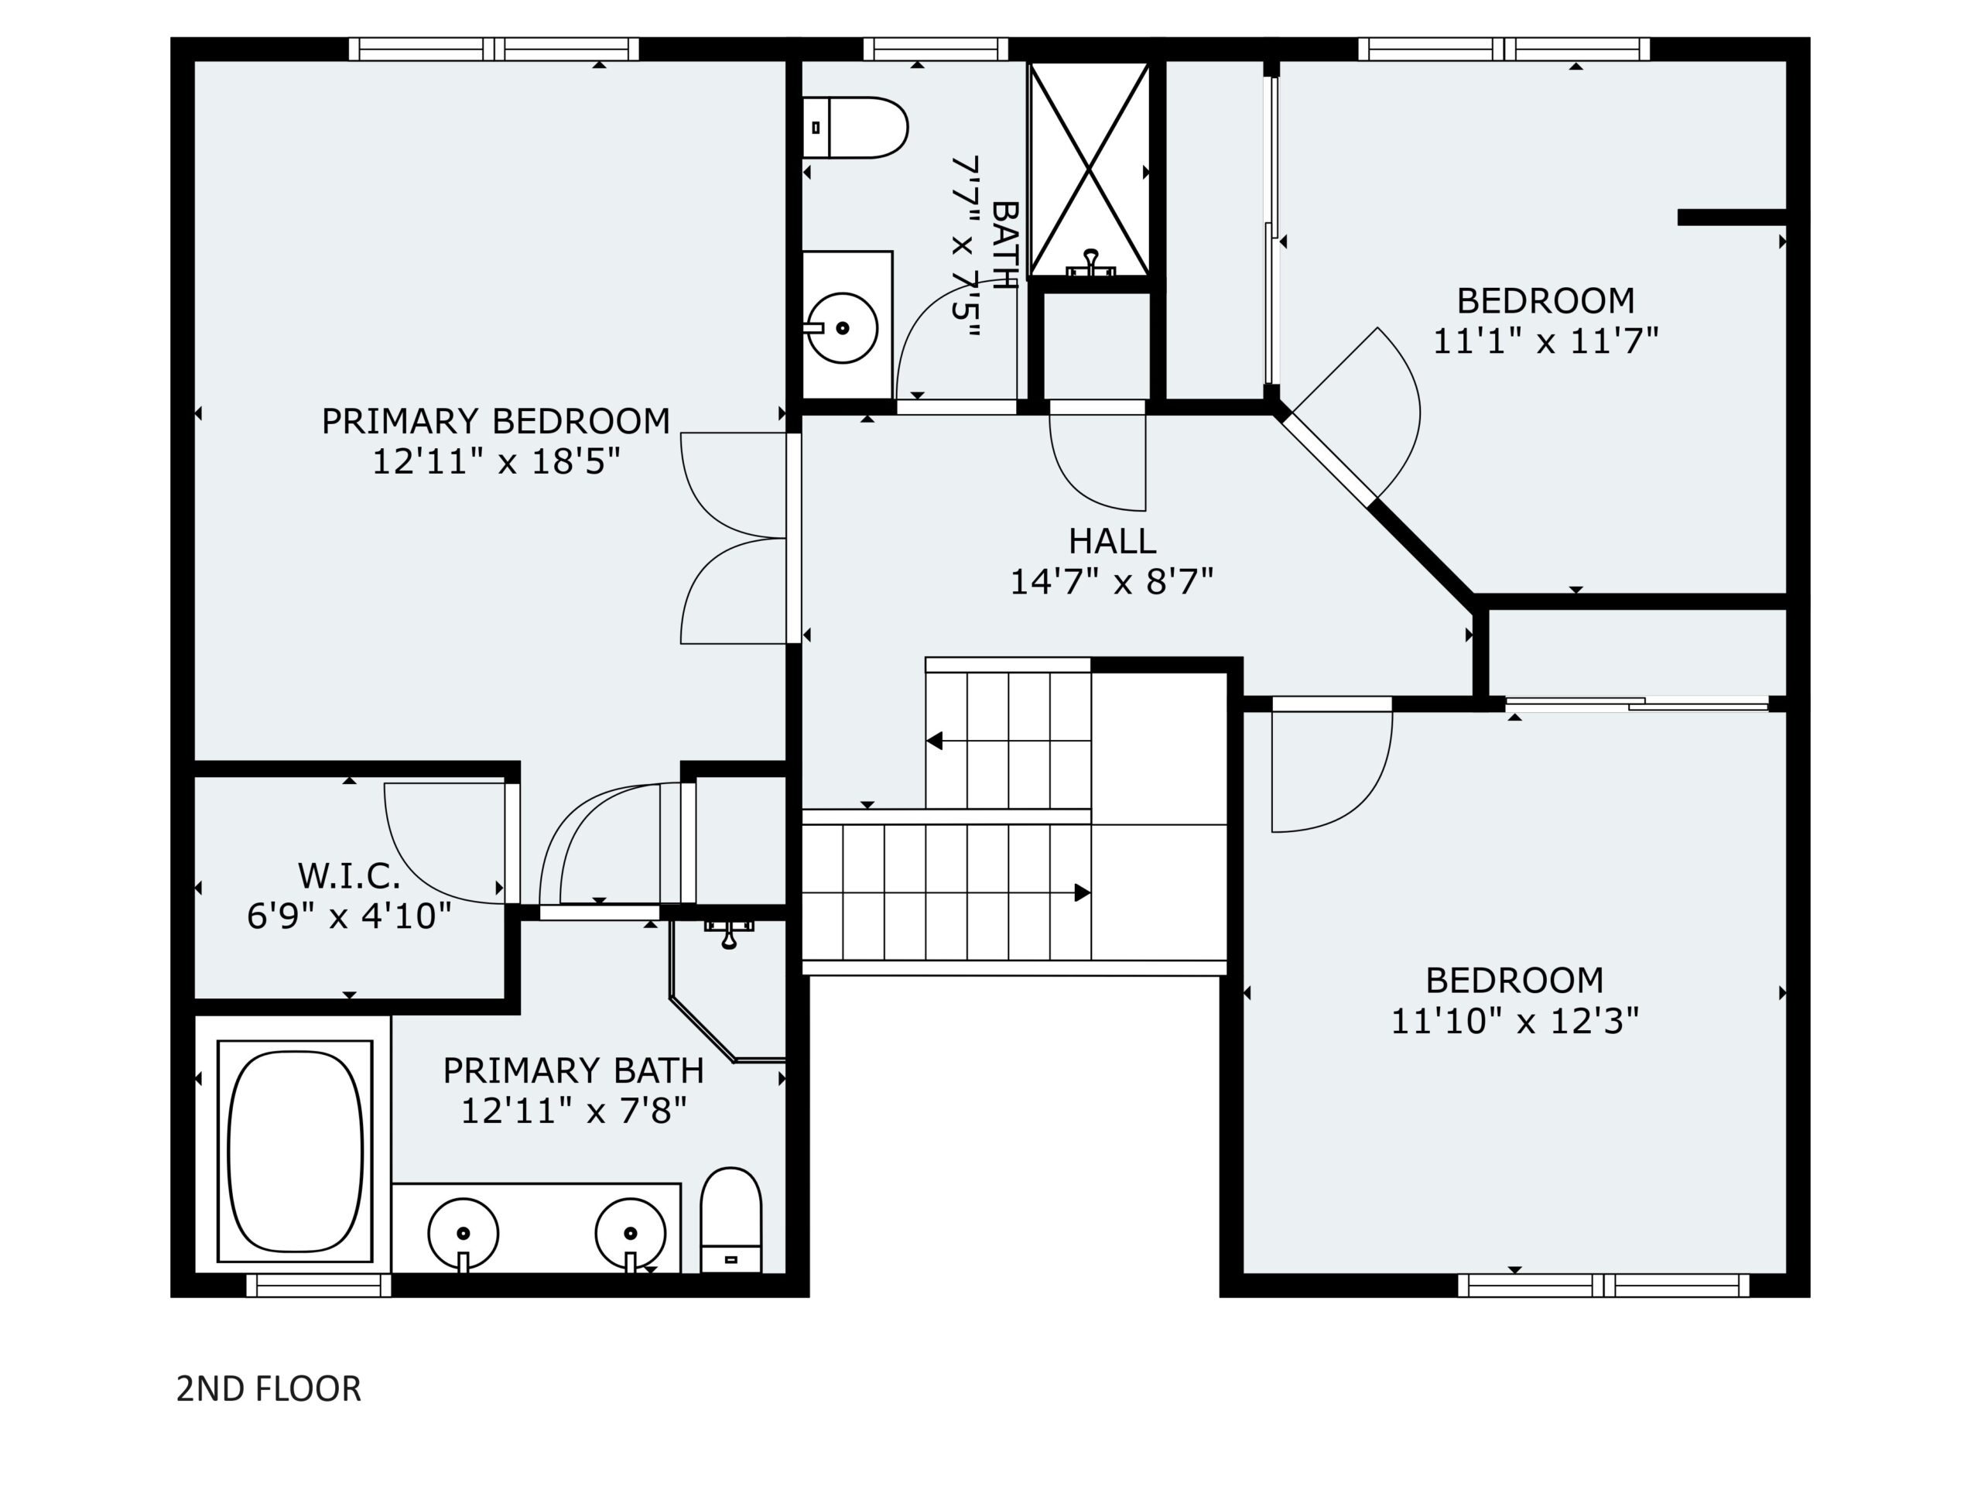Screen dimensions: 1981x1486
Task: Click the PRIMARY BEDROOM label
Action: (495, 421)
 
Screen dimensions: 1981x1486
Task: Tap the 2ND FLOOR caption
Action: (269, 1388)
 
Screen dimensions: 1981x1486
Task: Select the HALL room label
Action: (1112, 541)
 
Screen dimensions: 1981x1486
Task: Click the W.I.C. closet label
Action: (349, 875)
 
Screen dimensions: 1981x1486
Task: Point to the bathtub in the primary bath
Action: (296, 1151)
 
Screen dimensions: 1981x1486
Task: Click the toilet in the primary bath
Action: (730, 1220)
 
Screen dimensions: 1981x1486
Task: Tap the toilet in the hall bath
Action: (855, 127)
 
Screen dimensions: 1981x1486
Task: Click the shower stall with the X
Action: (1090, 169)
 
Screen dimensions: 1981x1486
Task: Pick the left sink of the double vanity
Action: (463, 1234)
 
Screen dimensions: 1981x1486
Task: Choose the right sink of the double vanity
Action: (631, 1234)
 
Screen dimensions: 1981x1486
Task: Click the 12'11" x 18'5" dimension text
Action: (496, 462)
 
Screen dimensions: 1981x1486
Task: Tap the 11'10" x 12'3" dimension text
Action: (1514, 1020)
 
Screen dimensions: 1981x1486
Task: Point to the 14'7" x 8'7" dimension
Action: (1112, 582)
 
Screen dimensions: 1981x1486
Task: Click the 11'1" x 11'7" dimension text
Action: (1546, 341)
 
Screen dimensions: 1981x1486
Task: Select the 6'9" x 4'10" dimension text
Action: (349, 916)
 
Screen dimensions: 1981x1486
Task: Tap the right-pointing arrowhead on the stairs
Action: (1082, 893)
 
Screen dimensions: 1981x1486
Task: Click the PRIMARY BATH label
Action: (573, 1070)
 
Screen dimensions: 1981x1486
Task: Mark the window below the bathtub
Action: (319, 1286)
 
